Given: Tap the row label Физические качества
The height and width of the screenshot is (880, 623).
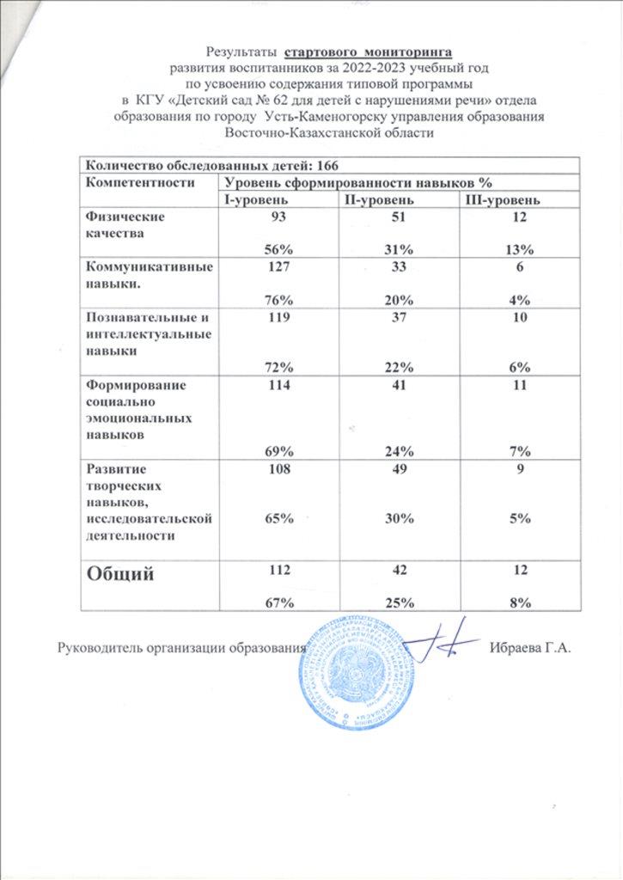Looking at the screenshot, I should coord(119,225).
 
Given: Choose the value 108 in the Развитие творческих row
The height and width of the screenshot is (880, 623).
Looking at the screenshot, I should coord(278,471).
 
